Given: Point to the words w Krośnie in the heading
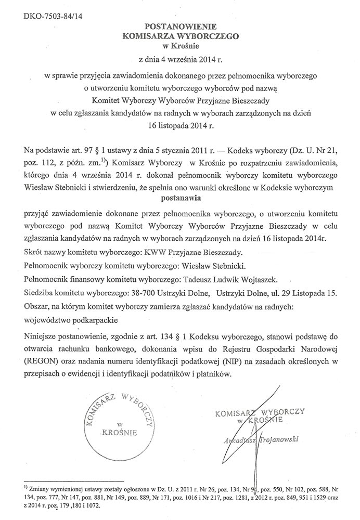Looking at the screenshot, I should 179,46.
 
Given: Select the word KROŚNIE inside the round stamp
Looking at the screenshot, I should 120,432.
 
